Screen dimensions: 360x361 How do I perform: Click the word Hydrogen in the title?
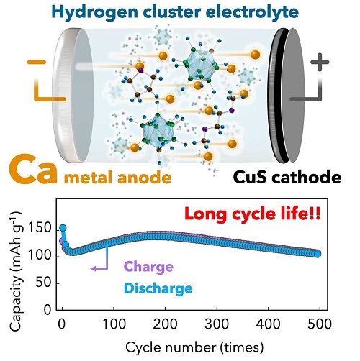pyautogui.click(x=94, y=12)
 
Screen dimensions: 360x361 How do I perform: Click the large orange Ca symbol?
pyautogui.click(x=34, y=170)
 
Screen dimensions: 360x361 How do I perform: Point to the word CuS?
pyautogui.click(x=250, y=178)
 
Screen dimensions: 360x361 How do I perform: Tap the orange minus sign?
pyautogui.click(x=37, y=63)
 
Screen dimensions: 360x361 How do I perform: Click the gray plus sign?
pyautogui.click(x=320, y=62)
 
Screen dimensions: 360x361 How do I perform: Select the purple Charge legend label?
pyautogui.click(x=148, y=267)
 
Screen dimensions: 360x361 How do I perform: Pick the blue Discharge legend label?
pyautogui.click(x=158, y=288)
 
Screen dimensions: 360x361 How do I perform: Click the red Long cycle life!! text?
pyautogui.click(x=253, y=214)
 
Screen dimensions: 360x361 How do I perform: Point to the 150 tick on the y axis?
pyautogui.click(x=40, y=228)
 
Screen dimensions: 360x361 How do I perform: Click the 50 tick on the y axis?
pyautogui.click(x=43, y=283)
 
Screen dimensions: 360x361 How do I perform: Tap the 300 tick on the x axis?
pyautogui.click(x=217, y=324)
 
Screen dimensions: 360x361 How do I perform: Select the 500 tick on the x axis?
pyautogui.click(x=320, y=324)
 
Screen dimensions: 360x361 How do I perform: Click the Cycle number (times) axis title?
pyautogui.click(x=194, y=347)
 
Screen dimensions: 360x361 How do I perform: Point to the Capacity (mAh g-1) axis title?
pyautogui.click(x=17, y=271)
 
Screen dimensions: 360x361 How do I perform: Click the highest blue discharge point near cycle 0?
pyautogui.click(x=63, y=228)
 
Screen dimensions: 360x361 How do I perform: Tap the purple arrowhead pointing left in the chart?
pyautogui.click(x=94, y=268)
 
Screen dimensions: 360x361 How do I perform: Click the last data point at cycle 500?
pyautogui.click(x=318, y=254)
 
